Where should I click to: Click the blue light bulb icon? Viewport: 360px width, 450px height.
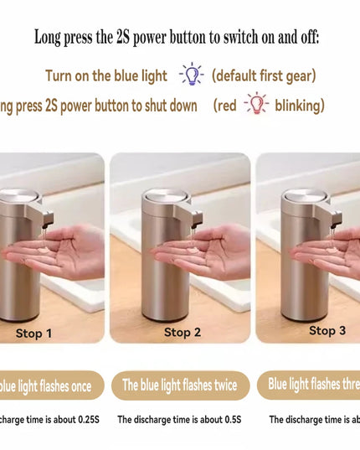pyautogui.click(x=192, y=75)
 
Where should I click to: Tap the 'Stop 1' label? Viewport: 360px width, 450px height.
pyautogui.click(x=34, y=333)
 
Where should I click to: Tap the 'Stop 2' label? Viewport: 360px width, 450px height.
pyautogui.click(x=182, y=332)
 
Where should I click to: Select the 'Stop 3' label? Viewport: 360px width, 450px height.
pyautogui.click(x=327, y=330)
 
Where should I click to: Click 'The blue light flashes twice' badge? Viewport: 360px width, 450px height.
pyautogui.click(x=180, y=385)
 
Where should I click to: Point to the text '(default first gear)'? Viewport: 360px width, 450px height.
pyautogui.click(x=264, y=75)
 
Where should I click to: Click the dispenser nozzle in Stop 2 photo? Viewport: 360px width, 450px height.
pyautogui.click(x=197, y=220)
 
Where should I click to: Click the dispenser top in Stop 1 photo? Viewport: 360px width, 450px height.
pyautogui.click(x=21, y=198)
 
